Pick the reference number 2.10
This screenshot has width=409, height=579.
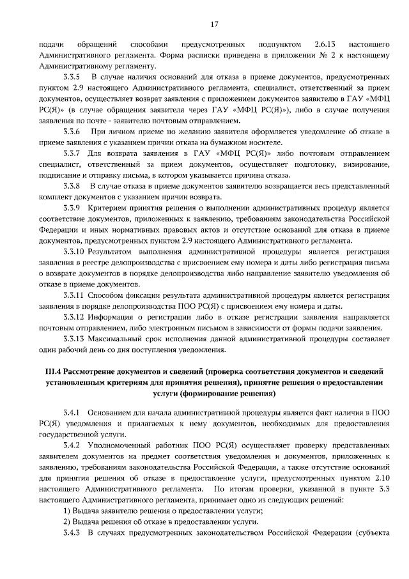(x=378, y=477)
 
